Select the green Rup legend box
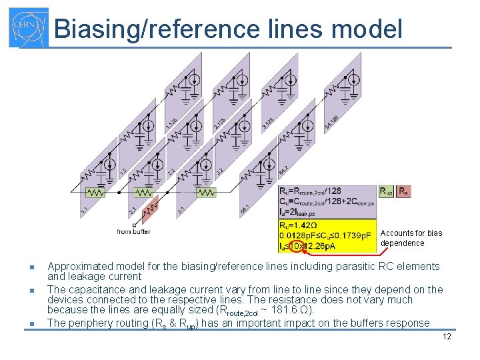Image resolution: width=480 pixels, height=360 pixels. (x=386, y=191)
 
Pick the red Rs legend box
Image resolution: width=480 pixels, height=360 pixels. (x=403, y=191)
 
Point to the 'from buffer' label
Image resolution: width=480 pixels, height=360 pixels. (x=133, y=231)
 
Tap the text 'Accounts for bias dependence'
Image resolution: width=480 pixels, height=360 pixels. (x=411, y=238)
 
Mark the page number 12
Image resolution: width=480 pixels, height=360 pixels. (x=447, y=336)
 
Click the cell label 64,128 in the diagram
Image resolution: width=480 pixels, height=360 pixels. (x=332, y=122)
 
